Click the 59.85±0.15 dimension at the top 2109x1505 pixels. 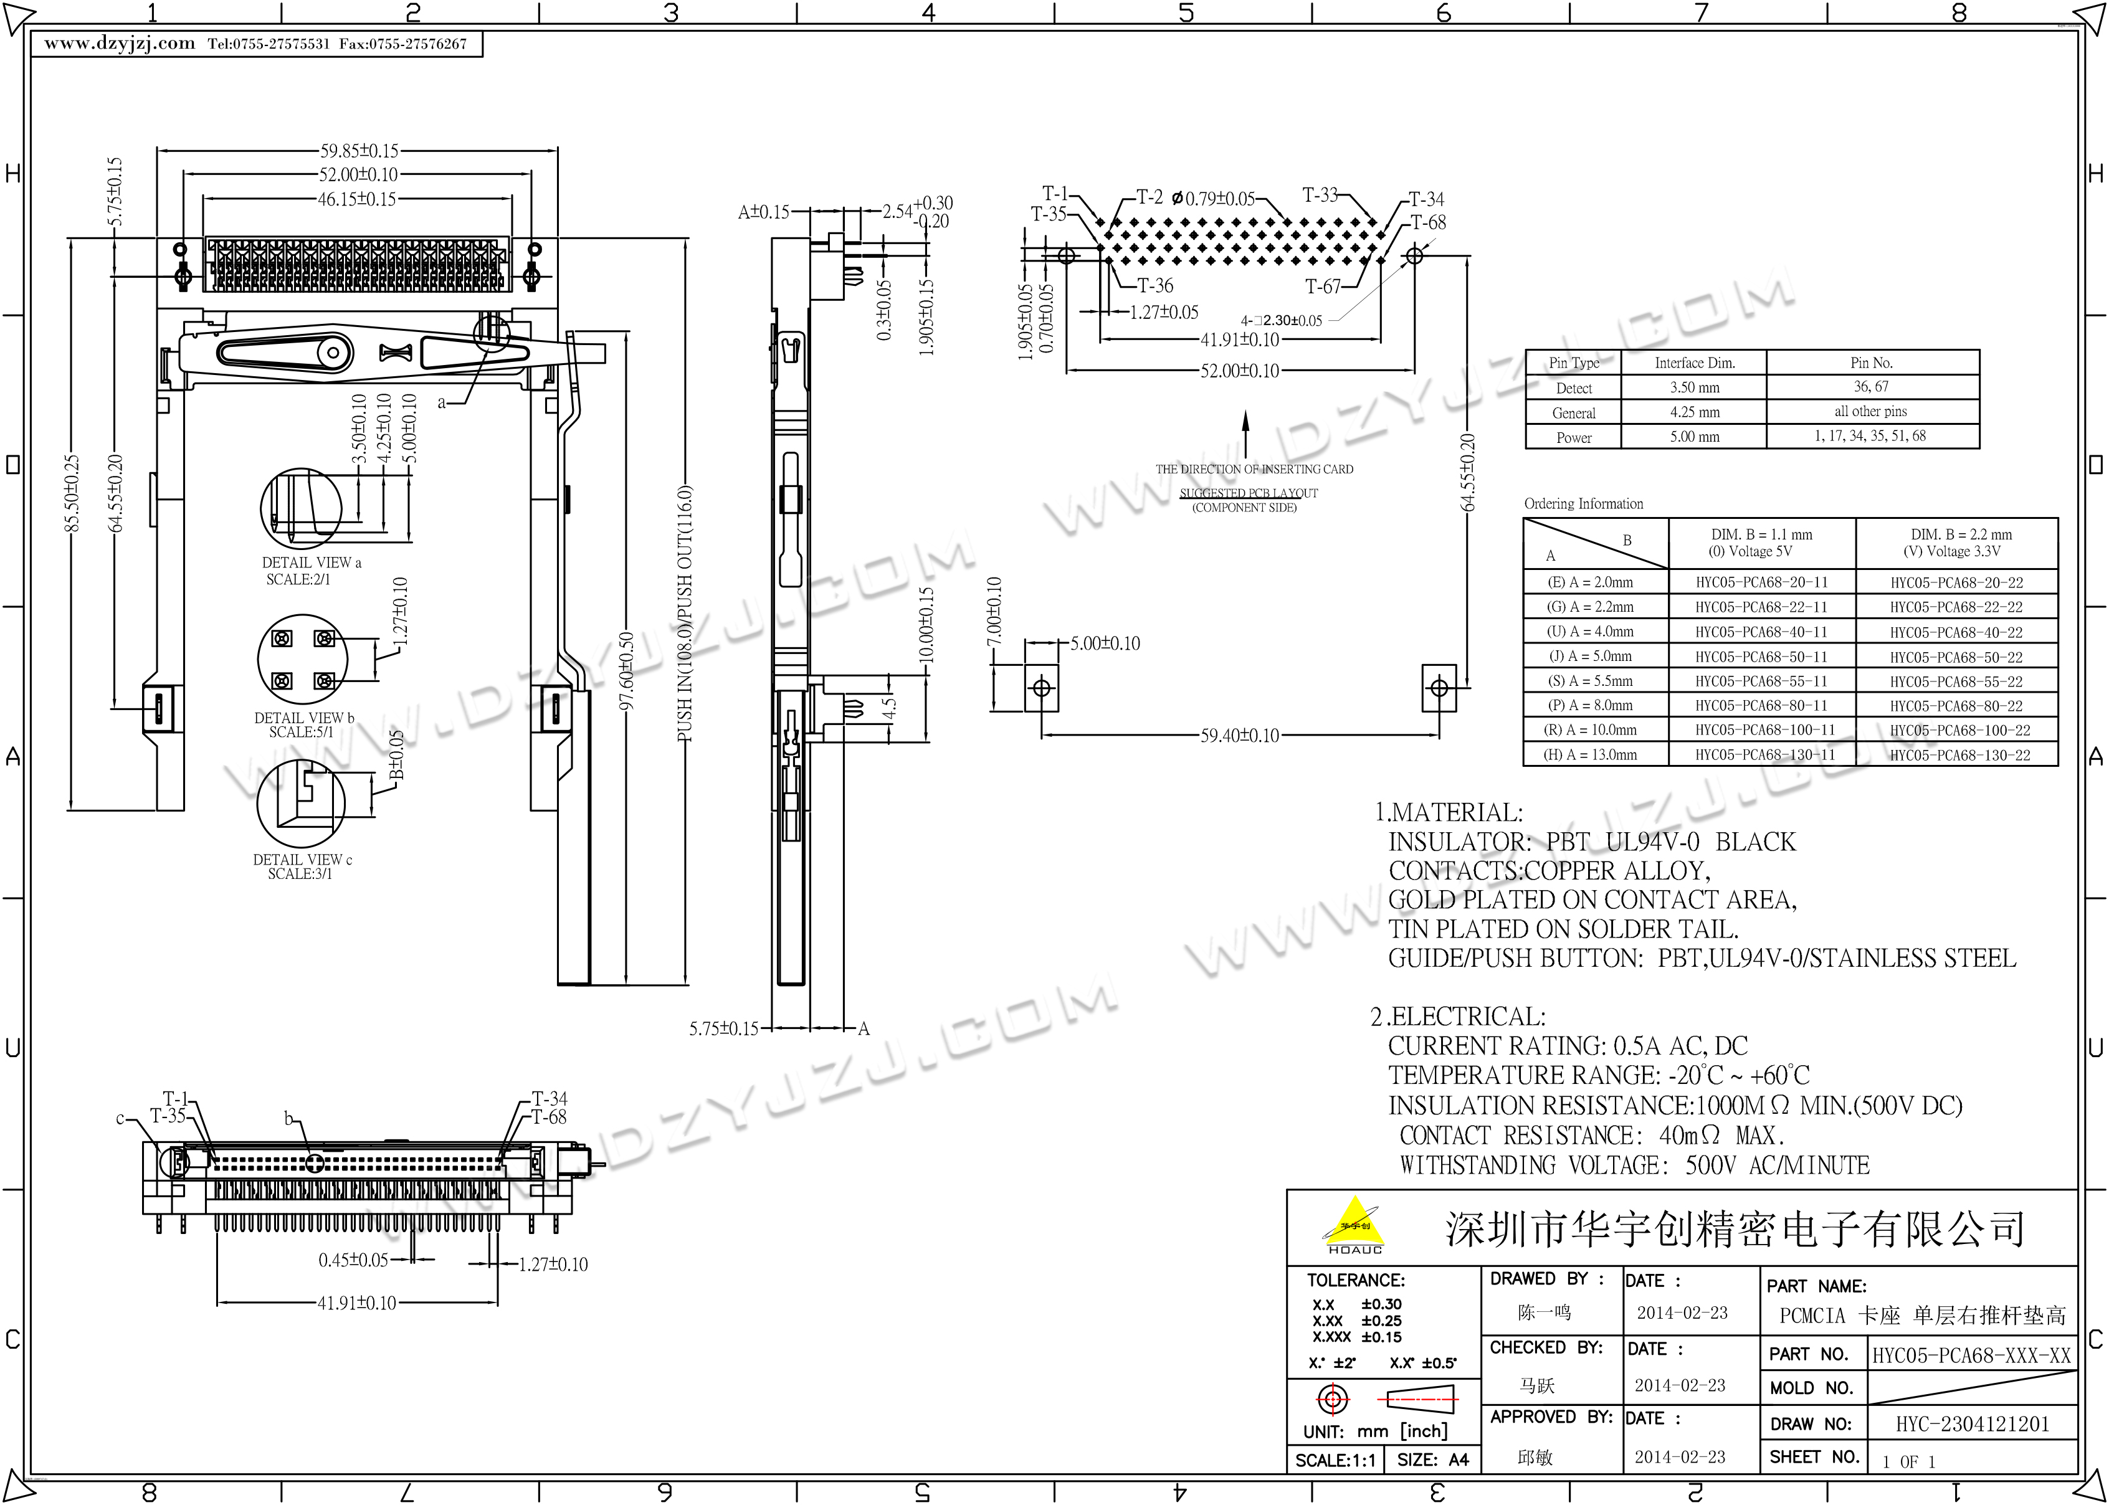(x=359, y=150)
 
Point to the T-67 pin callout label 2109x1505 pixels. (x=1323, y=287)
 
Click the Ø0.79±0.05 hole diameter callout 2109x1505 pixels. (x=1213, y=198)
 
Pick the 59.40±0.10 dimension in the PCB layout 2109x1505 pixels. (x=1240, y=736)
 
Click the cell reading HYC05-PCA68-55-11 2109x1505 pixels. (x=1761, y=681)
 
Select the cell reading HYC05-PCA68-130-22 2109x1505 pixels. (x=1960, y=755)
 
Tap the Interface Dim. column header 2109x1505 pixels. (x=1695, y=363)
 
